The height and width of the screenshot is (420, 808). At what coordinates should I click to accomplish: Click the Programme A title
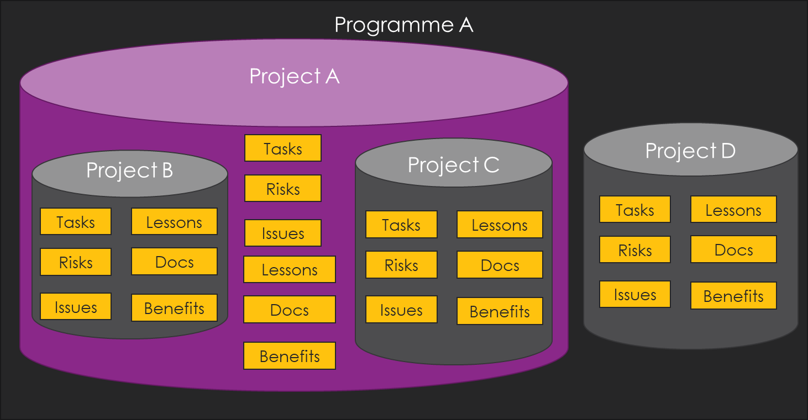point(403,25)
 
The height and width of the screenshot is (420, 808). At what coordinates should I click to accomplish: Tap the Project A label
point(295,76)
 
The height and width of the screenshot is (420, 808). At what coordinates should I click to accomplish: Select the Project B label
point(129,170)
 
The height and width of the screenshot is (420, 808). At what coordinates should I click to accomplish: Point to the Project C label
point(453,165)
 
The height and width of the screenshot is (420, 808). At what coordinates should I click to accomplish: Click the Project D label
point(690,151)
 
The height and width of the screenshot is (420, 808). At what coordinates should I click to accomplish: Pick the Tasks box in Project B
point(76,221)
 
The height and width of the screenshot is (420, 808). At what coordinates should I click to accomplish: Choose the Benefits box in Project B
point(174,307)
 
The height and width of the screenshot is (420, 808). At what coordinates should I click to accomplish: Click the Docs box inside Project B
point(174,262)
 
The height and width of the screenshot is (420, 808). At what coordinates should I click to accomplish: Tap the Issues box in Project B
point(76,306)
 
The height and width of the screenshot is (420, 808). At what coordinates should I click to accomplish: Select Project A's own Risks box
point(283,188)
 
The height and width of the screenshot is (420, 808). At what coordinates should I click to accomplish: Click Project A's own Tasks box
point(283,148)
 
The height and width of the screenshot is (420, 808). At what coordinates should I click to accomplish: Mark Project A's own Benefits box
point(290,356)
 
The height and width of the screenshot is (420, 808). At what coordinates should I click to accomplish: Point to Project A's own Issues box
point(283,233)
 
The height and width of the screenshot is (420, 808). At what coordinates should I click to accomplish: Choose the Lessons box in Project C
point(500,225)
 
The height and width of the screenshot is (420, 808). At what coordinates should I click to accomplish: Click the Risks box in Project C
point(401,265)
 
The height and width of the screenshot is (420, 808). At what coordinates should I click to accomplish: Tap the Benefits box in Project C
point(500,311)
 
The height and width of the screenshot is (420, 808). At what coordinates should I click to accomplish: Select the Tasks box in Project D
point(635,209)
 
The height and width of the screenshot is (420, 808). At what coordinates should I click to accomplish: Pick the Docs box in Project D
point(734,249)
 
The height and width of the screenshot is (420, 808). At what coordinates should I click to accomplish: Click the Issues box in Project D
point(635,294)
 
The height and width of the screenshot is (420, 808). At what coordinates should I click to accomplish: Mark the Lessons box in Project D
point(734,209)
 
